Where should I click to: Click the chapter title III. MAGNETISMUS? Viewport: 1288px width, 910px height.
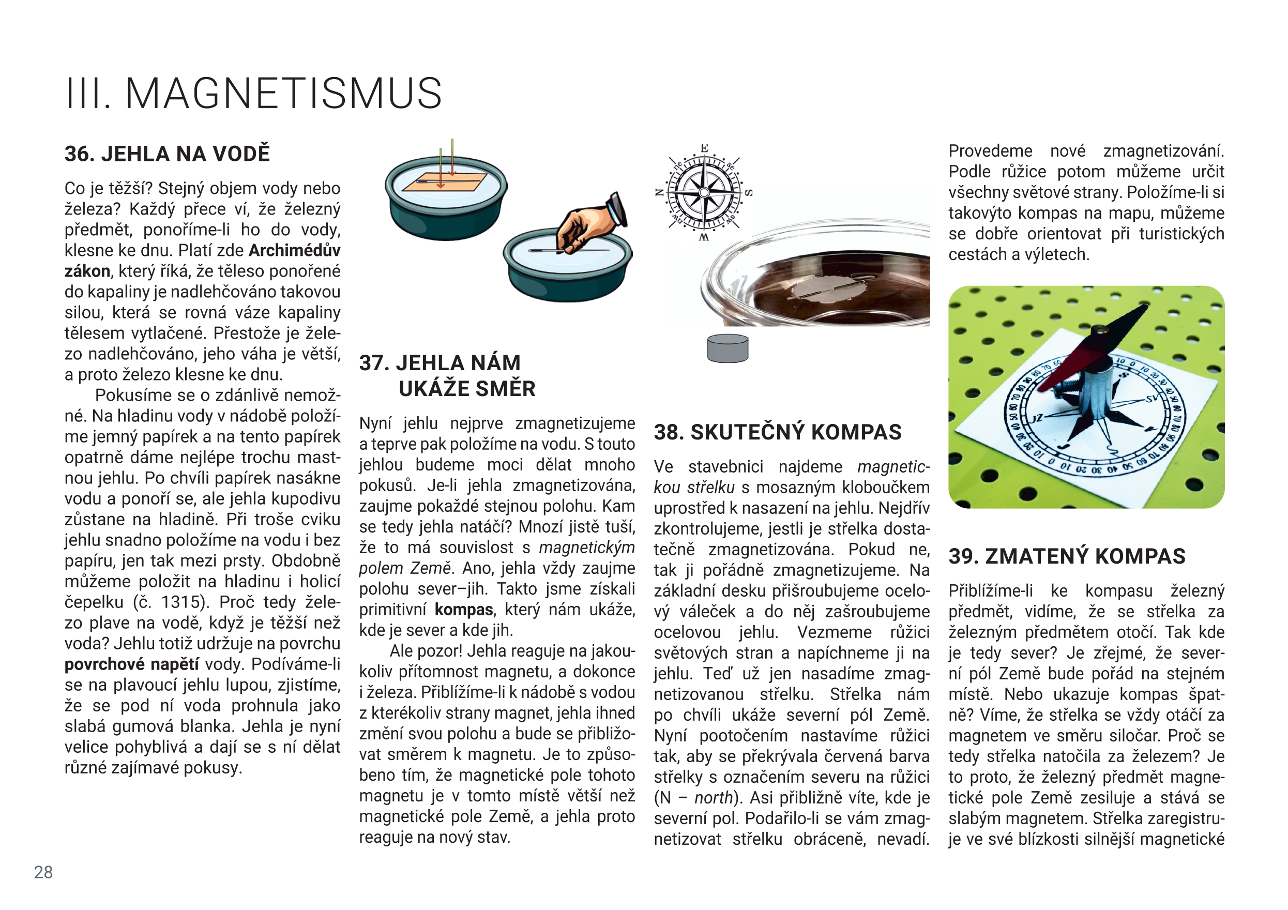(x=253, y=93)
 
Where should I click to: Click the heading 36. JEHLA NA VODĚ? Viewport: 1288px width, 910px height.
(x=167, y=154)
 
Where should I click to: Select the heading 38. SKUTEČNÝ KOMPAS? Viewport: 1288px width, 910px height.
(x=778, y=432)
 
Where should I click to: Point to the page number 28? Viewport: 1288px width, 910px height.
(x=43, y=872)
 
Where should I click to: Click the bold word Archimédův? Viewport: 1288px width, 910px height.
(x=295, y=250)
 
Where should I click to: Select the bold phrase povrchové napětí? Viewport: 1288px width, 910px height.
(x=131, y=664)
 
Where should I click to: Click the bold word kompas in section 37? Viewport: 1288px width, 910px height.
(x=463, y=609)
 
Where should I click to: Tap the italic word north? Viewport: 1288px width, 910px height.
(x=714, y=797)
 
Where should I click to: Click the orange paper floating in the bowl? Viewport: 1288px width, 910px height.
(x=445, y=183)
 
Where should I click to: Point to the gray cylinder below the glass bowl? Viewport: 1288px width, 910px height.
(x=728, y=348)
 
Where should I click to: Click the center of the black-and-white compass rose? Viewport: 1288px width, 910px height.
(x=704, y=192)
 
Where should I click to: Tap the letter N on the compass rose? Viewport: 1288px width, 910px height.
(x=660, y=193)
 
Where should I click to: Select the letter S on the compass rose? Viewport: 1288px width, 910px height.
(x=748, y=193)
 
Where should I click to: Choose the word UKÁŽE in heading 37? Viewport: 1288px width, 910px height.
(x=431, y=388)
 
